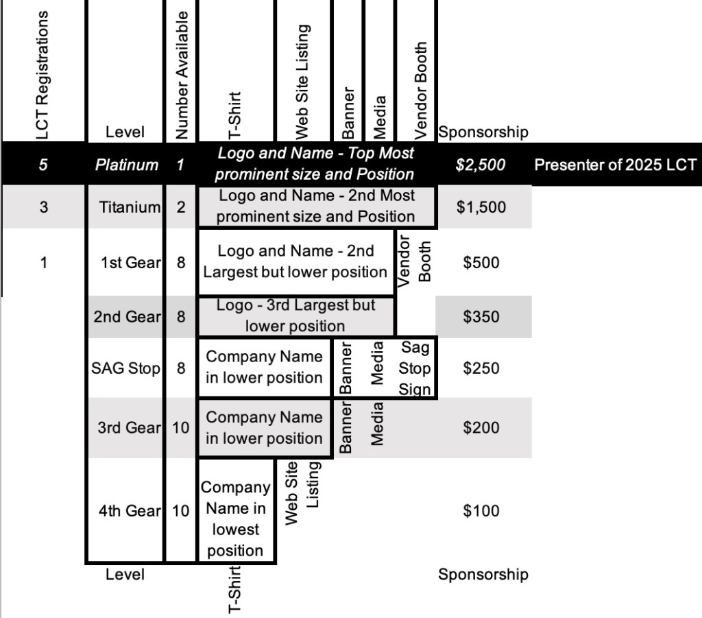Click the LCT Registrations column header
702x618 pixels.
pyautogui.click(x=44, y=74)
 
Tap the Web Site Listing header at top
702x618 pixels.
pyautogui.click(x=302, y=81)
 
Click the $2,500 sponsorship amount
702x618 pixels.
pyautogui.click(x=481, y=165)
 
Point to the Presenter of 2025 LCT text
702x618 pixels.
pyautogui.click(x=615, y=165)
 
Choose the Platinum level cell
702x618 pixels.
pyautogui.click(x=126, y=165)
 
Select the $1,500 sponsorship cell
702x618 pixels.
pyautogui.click(x=481, y=206)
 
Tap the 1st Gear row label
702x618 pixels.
pyautogui.click(x=130, y=263)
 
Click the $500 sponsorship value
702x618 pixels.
pyautogui.click(x=481, y=263)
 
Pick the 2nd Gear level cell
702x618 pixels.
pyautogui.click(x=127, y=317)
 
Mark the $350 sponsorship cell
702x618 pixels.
pyautogui.click(x=481, y=317)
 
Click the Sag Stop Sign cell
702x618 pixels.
pyautogui.click(x=415, y=368)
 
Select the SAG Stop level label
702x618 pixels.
pyautogui.click(x=125, y=368)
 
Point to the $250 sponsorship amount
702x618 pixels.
pyautogui.click(x=481, y=368)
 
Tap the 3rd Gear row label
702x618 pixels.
pyautogui.click(x=129, y=427)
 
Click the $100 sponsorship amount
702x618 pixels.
pyautogui.click(x=481, y=510)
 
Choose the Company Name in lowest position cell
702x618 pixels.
pyautogui.click(x=235, y=519)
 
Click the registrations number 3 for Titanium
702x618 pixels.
pyautogui.click(x=44, y=206)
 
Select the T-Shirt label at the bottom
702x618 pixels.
pyautogui.click(x=234, y=589)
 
